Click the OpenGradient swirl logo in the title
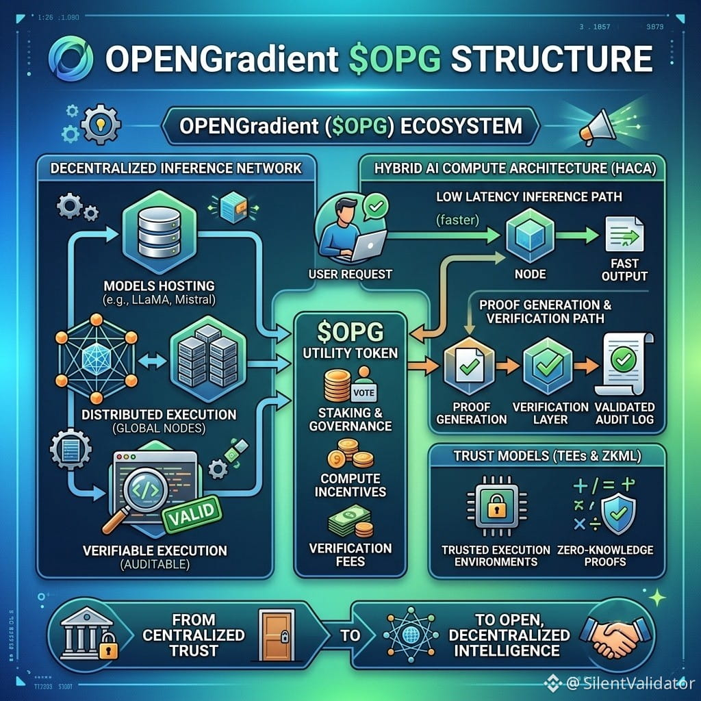71,59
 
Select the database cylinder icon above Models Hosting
159,232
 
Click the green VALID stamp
192,513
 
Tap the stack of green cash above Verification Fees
350,522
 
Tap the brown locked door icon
277,635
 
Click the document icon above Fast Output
624,234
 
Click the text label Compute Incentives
350,485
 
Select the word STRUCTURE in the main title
552,59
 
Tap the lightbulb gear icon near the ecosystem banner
101,125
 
